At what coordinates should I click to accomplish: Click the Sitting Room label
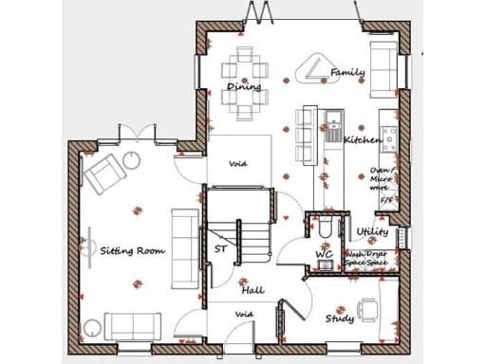pos(132,251)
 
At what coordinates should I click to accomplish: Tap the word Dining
pos(244,87)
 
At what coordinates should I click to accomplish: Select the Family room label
pos(347,72)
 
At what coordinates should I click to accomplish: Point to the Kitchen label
pos(363,140)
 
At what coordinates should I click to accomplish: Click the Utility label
pos(372,231)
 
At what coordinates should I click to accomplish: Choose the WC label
pos(324,255)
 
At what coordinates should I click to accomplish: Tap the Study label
pos(340,318)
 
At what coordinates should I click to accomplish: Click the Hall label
pos(252,290)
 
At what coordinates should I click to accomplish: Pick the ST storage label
pos(220,249)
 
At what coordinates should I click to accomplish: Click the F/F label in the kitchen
pos(386,201)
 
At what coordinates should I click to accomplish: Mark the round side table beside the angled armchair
pos(130,159)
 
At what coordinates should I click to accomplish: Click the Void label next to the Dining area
pos(238,163)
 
